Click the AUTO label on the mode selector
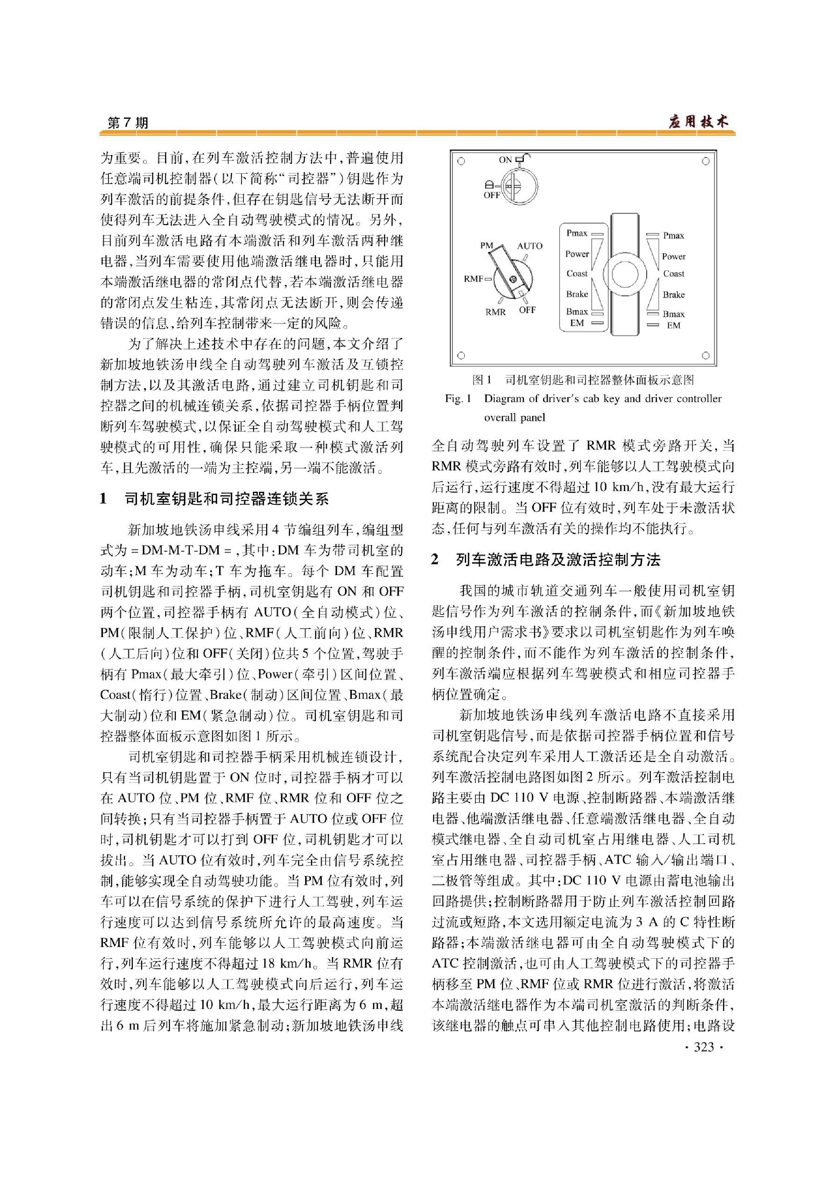529,246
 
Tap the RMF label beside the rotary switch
473,279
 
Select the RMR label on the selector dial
495,312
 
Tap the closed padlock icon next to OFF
490,185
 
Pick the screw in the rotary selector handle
512,279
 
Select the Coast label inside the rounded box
577,274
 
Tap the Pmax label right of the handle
673,236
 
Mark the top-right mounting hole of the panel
706,161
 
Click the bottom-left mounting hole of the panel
461,355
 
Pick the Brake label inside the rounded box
577,294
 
